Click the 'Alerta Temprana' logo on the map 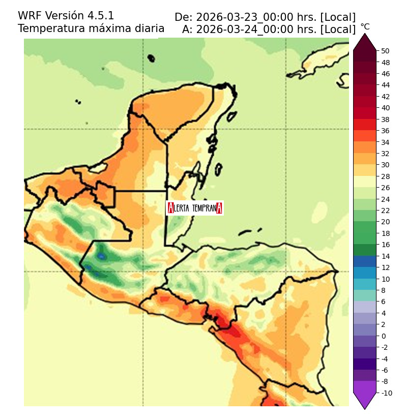(195, 207)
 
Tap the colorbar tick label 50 (385, 51)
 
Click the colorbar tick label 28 (385, 176)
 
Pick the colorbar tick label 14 (385, 256)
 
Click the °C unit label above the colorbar (365, 27)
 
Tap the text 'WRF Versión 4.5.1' (66, 16)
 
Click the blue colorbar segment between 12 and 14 (365, 262)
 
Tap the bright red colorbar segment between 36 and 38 (365, 125)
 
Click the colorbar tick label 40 (385, 108)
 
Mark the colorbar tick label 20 (385, 222)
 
